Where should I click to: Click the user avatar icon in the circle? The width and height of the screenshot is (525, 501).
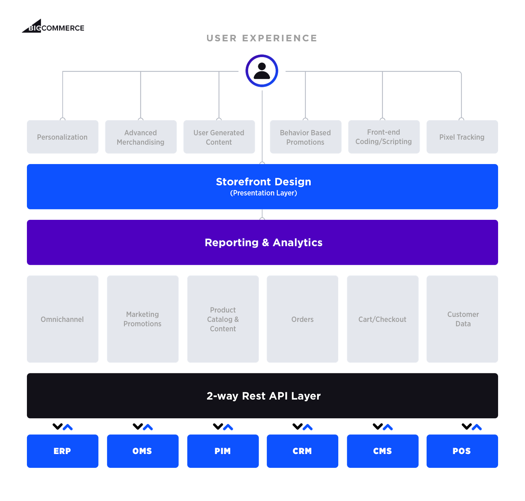tap(262, 71)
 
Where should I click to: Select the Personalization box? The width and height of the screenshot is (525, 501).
tap(63, 137)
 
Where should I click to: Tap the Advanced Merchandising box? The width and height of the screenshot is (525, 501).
tap(141, 137)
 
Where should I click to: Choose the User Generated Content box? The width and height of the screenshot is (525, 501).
tap(219, 137)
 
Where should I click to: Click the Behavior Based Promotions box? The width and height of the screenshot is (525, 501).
tap(305, 137)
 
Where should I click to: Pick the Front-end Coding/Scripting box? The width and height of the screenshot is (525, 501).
tap(384, 137)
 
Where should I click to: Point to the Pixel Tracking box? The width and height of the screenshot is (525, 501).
tap(462, 137)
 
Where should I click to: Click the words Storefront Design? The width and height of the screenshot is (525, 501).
tap(263, 182)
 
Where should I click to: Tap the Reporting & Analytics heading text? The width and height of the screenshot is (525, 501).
tap(263, 242)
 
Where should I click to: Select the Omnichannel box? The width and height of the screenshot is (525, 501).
tap(63, 319)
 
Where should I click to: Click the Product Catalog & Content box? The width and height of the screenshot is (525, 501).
tap(223, 319)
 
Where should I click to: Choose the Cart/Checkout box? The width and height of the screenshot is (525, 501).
tap(383, 319)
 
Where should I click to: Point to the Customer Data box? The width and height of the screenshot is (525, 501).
tap(462, 319)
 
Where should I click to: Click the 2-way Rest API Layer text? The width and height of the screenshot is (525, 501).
tap(263, 396)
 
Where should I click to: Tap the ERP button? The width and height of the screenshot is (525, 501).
tap(63, 451)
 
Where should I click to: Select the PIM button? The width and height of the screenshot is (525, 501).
tap(223, 451)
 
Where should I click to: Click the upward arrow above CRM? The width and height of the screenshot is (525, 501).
tap(307, 427)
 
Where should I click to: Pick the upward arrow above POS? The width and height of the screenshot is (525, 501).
tap(476, 427)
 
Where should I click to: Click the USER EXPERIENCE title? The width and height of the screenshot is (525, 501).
tap(262, 38)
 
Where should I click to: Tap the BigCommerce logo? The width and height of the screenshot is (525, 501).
tap(53, 27)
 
